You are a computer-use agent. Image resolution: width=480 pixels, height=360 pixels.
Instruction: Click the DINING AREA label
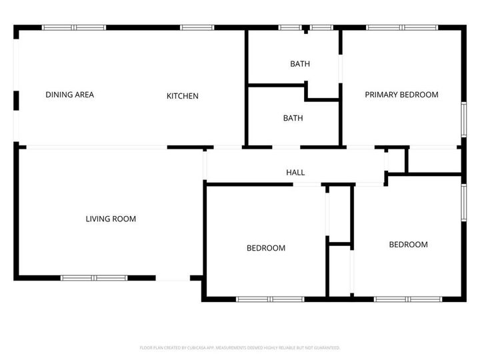[69, 95]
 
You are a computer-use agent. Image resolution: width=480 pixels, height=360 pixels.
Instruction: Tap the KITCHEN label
[182, 96]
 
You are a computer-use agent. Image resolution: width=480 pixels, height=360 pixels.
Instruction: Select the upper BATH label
[299, 64]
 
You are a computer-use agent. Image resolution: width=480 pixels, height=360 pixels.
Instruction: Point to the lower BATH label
[293, 118]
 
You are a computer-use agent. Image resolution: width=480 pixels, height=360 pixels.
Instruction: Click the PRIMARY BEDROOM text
[401, 95]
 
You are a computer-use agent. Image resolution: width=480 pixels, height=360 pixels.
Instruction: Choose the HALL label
[295, 173]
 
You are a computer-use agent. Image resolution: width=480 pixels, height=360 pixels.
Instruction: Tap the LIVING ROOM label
[111, 219]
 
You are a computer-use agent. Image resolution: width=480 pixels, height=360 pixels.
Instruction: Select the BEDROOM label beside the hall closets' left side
[266, 248]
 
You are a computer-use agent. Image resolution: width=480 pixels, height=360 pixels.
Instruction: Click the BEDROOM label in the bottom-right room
[408, 245]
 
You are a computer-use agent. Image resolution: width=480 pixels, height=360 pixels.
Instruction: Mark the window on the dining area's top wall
[74, 27]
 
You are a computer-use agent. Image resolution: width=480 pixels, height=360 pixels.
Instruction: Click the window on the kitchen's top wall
[197, 27]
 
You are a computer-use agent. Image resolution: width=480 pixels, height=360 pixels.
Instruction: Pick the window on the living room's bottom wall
[94, 277]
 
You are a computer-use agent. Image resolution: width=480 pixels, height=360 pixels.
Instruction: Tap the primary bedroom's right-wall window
[465, 121]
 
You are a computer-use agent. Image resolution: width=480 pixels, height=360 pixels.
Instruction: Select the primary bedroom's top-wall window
[402, 27]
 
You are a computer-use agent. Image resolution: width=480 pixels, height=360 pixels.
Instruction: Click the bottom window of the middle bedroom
[271, 299]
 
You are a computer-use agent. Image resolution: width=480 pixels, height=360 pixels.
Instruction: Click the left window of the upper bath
[289, 27]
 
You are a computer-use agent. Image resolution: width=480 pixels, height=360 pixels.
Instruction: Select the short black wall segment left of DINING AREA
[16, 99]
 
